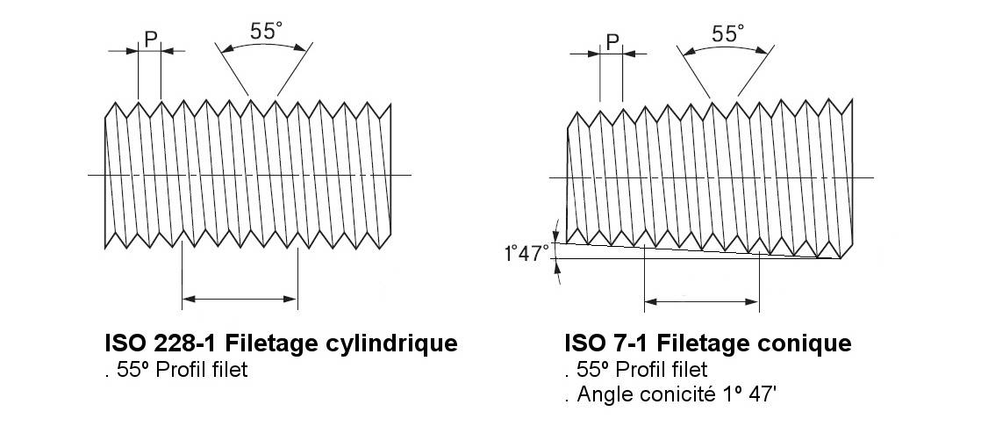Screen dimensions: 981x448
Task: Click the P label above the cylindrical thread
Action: [x=151, y=39]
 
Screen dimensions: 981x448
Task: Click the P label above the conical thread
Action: [x=612, y=42]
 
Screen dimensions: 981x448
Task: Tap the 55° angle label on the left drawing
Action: [x=267, y=31]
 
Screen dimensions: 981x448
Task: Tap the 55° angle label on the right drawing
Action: [x=728, y=33]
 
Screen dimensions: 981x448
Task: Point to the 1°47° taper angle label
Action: [x=526, y=254]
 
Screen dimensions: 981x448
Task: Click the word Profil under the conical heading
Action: [x=644, y=369]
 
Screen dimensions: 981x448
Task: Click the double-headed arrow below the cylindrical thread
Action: [x=240, y=299]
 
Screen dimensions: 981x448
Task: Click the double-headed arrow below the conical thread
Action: [x=701, y=302]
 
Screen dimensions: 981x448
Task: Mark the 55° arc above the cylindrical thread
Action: [x=263, y=45]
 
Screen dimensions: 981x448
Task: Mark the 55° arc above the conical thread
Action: [x=725, y=47]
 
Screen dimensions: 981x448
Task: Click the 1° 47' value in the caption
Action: [x=755, y=394]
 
